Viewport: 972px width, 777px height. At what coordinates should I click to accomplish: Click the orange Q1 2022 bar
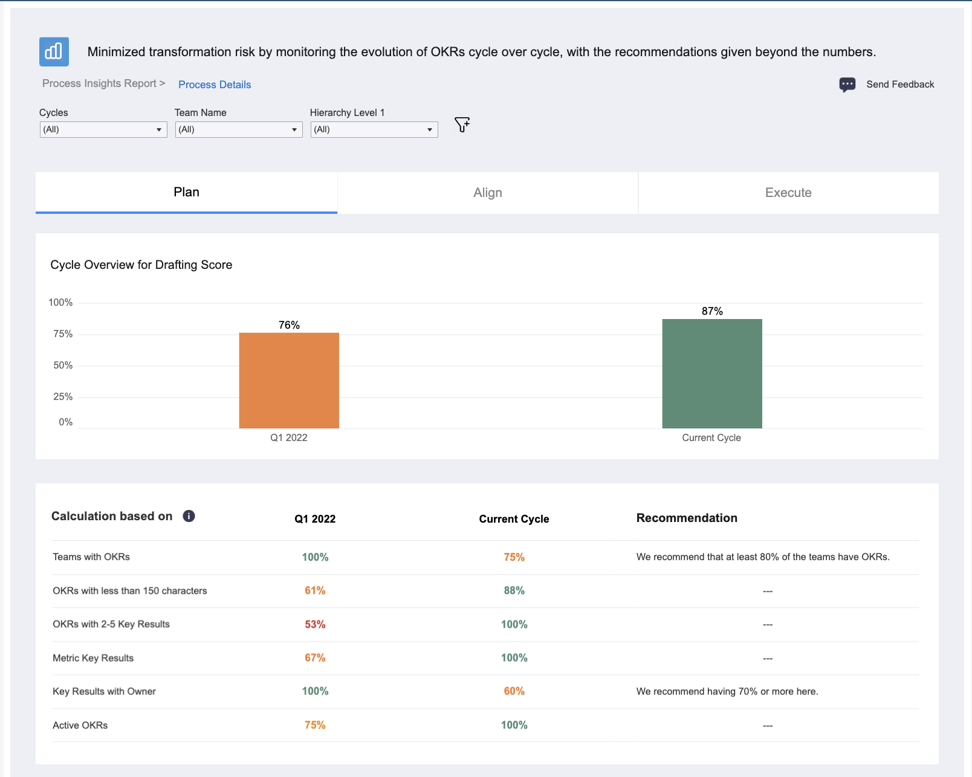288,380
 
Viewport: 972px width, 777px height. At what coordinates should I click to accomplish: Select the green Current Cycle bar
712,373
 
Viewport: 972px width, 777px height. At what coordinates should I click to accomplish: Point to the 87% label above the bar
712,311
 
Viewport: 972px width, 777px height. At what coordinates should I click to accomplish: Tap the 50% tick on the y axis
63,366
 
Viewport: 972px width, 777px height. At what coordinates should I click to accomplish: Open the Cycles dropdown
103,129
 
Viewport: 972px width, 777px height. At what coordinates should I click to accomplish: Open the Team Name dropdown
239,129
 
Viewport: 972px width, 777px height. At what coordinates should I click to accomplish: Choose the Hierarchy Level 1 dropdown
374,129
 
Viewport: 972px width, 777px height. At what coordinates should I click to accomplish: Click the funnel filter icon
462,124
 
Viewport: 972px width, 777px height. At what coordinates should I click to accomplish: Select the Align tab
487,193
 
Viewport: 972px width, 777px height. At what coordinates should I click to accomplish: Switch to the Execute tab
788,193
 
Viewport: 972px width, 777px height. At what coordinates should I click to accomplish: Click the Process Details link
215,85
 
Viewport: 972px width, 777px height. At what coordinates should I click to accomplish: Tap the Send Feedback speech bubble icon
847,85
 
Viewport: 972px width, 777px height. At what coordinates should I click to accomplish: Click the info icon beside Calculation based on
189,516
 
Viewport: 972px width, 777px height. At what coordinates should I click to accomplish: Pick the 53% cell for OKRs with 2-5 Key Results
315,624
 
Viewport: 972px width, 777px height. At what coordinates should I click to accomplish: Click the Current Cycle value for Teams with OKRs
514,557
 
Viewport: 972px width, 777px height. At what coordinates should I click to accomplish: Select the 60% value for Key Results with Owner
514,691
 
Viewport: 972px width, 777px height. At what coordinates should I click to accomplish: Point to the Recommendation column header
687,518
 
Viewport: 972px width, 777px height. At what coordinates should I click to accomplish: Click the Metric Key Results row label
93,658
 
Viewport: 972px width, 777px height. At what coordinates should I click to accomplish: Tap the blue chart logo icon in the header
54,52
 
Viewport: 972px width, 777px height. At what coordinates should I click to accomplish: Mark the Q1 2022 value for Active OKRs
315,725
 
